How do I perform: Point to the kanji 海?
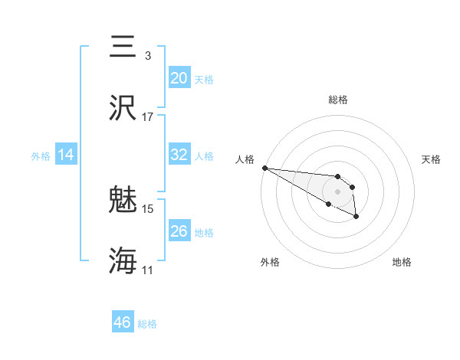(x=123, y=261)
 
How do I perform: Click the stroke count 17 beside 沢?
(x=148, y=117)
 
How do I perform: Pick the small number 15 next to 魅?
(x=148, y=208)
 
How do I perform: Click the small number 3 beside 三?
(x=148, y=56)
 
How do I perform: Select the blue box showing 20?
(x=179, y=78)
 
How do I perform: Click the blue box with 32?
(x=179, y=155)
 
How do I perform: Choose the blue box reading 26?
(x=179, y=231)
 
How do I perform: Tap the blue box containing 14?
(x=66, y=155)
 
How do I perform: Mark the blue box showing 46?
(x=123, y=322)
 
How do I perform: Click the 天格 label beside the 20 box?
(x=204, y=80)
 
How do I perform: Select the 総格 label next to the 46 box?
(x=147, y=324)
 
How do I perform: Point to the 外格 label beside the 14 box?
(x=41, y=156)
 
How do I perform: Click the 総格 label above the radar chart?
(x=338, y=100)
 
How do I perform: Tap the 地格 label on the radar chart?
(x=402, y=262)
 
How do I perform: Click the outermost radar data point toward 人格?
(x=264, y=168)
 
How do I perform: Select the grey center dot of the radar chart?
(x=338, y=191)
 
